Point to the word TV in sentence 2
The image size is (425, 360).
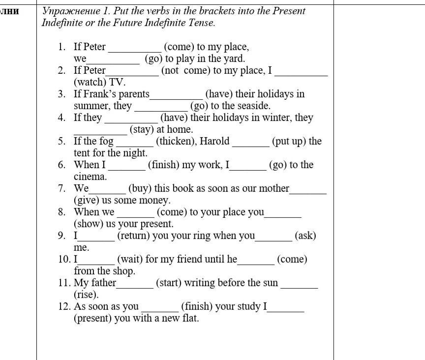pos(117,82)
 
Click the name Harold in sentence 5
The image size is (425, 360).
pos(214,142)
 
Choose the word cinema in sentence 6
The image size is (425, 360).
pos(90,177)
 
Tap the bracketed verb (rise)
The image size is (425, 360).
pos(86,295)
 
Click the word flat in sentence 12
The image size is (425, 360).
pos(190,318)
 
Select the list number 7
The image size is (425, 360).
pos(61,188)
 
